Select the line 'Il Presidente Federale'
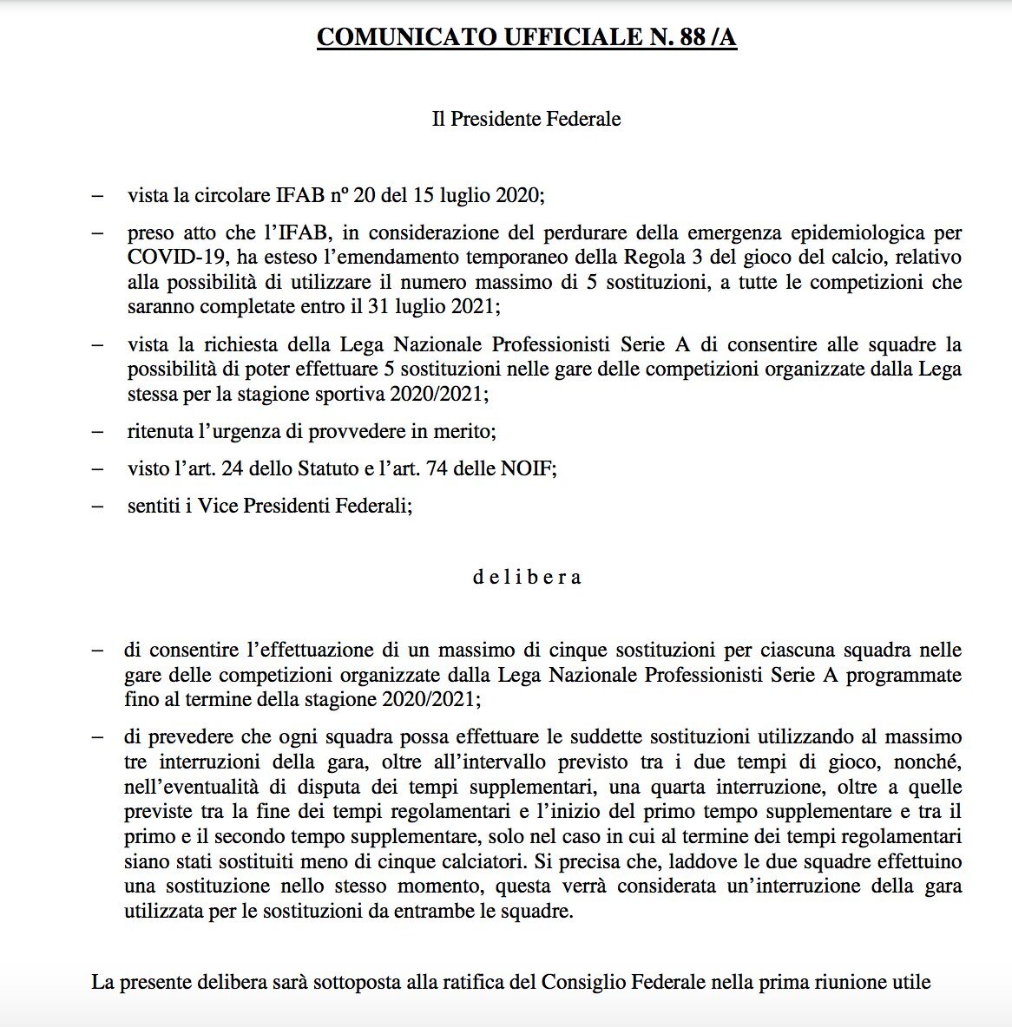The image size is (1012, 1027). click(x=526, y=119)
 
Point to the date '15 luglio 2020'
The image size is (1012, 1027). click(x=485, y=195)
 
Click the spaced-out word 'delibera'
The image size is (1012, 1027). click(x=526, y=577)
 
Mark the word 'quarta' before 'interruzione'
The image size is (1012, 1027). click(x=680, y=788)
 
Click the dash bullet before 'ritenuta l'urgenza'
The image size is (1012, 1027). click(x=98, y=432)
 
